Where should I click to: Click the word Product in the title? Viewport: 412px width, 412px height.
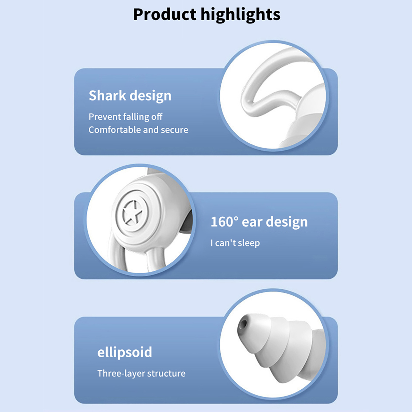click(x=165, y=14)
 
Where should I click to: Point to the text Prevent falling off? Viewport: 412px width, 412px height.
click(x=125, y=117)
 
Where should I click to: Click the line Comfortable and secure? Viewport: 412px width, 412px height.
click(x=138, y=130)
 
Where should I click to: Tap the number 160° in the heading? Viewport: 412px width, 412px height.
click(x=225, y=222)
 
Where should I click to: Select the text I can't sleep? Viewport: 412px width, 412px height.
click(x=235, y=243)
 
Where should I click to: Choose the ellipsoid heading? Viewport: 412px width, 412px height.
click(x=125, y=352)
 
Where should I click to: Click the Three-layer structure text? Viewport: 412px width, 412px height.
click(x=141, y=373)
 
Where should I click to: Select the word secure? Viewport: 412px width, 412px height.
click(x=174, y=130)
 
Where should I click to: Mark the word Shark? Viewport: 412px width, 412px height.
click(x=107, y=96)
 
